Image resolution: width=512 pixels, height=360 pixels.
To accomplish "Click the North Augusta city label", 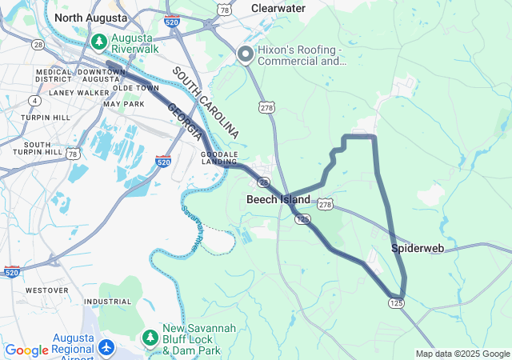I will [x=90, y=17].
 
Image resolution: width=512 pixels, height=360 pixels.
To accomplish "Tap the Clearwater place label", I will [x=278, y=8].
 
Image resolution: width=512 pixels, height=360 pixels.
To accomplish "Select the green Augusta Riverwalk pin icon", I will [x=99, y=42].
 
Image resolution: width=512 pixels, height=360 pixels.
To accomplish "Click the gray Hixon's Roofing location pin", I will [x=244, y=54].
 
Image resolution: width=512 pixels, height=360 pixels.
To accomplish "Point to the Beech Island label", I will [x=278, y=199].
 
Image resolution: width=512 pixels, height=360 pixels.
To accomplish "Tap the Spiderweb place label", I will [x=418, y=249].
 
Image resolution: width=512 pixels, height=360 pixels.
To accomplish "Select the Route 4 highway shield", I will [x=34, y=100].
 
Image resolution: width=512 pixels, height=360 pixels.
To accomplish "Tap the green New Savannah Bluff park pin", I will [x=150, y=334].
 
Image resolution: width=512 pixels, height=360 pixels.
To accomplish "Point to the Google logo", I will [x=26, y=350].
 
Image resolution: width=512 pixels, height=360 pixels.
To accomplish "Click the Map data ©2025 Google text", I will [x=462, y=354].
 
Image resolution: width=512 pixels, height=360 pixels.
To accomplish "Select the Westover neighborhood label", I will [x=47, y=290].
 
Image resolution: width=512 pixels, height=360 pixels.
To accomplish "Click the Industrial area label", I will [x=107, y=302].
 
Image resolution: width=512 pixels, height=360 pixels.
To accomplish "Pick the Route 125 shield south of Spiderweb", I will [x=397, y=303].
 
